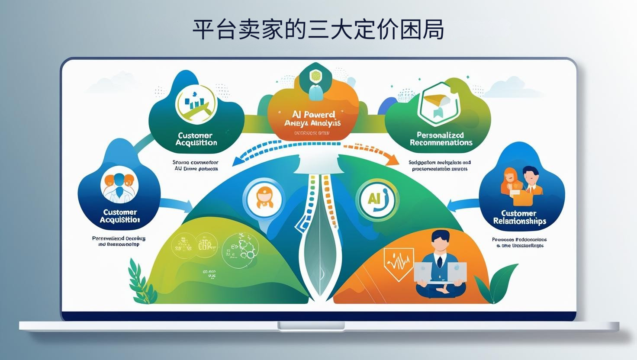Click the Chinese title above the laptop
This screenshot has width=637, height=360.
(318, 29)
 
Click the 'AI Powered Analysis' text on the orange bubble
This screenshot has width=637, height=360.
(313, 119)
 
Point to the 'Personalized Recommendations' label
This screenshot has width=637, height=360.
(441, 138)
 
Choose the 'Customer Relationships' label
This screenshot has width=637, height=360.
(519, 217)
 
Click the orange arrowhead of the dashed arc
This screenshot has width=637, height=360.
(392, 160)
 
